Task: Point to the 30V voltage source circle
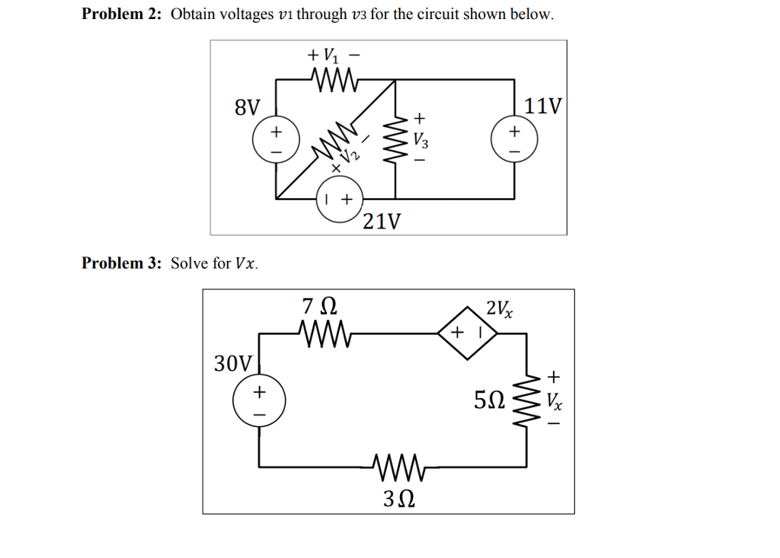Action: [259, 403]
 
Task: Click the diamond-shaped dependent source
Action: [468, 333]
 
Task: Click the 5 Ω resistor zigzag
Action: [526, 400]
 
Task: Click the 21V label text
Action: [381, 222]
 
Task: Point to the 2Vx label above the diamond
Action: [499, 308]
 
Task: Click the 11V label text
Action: [543, 106]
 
